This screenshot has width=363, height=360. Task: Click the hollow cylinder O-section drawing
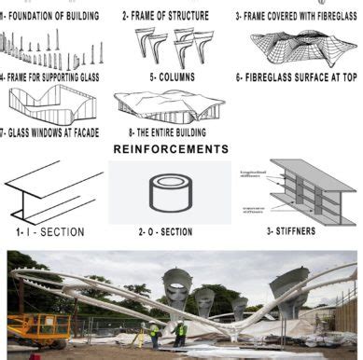169,191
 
